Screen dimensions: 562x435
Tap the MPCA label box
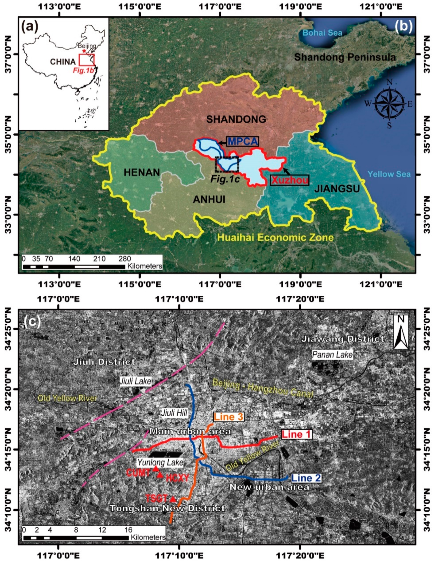tap(242, 141)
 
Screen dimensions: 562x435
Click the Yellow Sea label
tap(389, 174)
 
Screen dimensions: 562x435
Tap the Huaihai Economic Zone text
tap(275, 237)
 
